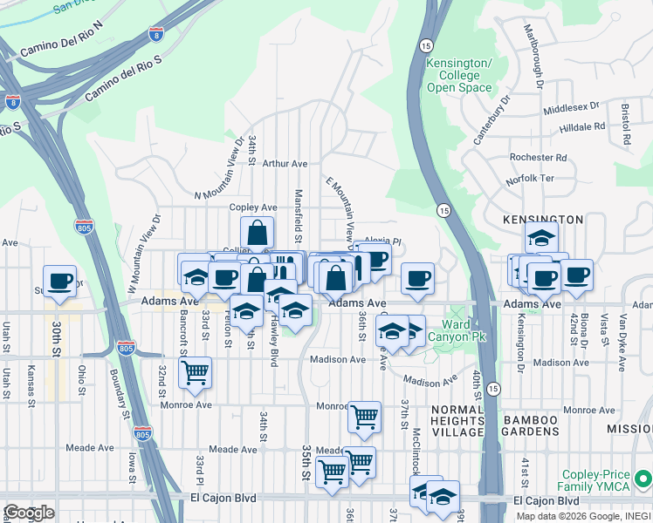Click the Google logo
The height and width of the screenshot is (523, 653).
29,513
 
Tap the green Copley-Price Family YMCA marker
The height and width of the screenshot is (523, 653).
643,479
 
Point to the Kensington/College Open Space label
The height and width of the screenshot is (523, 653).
459,76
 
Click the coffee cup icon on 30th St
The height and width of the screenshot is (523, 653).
59,282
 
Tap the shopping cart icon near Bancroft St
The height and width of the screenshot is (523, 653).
195,372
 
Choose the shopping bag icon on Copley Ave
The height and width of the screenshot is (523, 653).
258,233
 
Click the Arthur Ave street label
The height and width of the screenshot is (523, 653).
285,163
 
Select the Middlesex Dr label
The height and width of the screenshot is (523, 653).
571,108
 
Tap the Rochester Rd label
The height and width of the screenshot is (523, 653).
538,158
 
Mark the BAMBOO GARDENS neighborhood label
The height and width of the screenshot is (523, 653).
529,426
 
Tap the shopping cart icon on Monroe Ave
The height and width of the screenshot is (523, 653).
364,417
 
